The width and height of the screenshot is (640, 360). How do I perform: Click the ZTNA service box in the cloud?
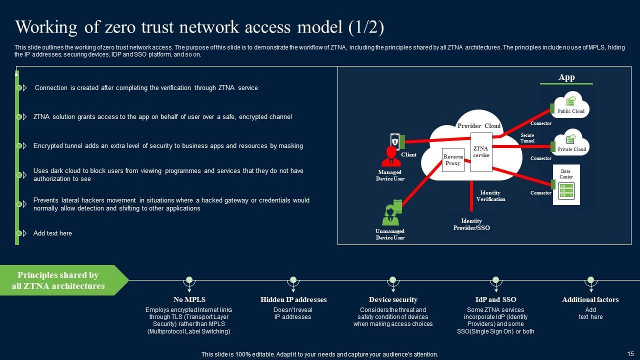click(x=481, y=152)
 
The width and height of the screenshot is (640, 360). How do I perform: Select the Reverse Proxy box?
click(x=453, y=160)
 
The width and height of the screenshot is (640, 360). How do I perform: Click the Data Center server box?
click(x=566, y=184)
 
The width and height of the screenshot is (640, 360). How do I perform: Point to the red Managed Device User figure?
click(x=390, y=156)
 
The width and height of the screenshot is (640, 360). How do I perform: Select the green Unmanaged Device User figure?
click(x=390, y=215)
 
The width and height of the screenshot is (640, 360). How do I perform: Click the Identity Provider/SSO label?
click(x=471, y=224)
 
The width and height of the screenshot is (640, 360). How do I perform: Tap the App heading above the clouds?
click(x=566, y=77)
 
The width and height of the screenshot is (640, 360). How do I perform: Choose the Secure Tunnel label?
click(x=527, y=138)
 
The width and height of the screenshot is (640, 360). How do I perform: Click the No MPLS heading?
click(x=189, y=300)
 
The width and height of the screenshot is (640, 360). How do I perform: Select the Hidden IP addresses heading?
click(x=293, y=300)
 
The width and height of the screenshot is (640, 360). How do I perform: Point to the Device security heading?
click(x=393, y=300)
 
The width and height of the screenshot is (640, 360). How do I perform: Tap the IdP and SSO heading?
click(x=495, y=300)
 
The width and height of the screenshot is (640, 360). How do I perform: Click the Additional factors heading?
click(x=590, y=300)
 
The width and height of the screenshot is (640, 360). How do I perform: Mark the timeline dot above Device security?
click(x=393, y=280)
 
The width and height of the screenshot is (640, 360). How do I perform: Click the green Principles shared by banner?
click(x=58, y=280)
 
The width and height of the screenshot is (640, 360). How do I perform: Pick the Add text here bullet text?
click(x=52, y=233)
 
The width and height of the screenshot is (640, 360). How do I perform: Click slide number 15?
click(x=630, y=353)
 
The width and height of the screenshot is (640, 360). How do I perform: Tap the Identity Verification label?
click(x=490, y=196)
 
